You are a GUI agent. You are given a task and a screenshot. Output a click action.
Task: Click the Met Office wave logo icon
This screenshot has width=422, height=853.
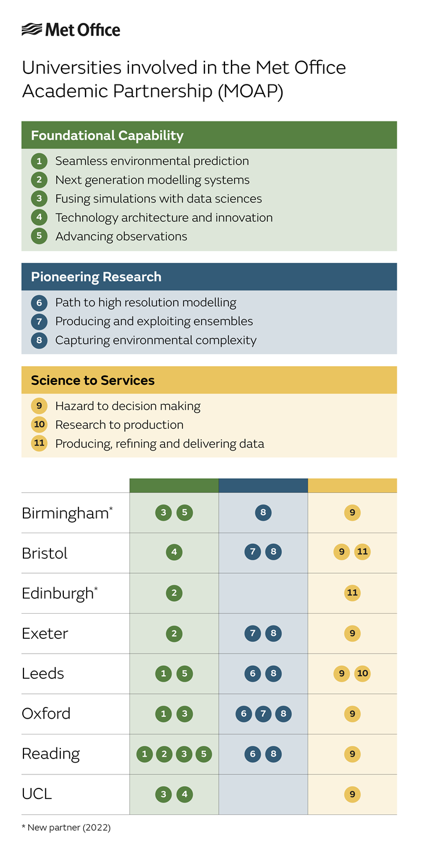tap(32, 29)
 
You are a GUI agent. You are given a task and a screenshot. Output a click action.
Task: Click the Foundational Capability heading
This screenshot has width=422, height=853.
tap(107, 136)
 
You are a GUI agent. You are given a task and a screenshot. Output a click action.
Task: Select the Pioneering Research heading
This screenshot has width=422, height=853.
tap(96, 277)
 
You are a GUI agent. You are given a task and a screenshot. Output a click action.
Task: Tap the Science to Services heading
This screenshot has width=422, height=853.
tap(93, 380)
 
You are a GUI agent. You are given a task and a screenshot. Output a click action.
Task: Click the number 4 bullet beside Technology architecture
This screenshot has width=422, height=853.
tap(39, 218)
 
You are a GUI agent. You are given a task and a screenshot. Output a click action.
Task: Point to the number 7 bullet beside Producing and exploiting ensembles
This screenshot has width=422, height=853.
tap(39, 321)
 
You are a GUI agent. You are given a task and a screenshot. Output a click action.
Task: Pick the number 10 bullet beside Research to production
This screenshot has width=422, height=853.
tap(39, 425)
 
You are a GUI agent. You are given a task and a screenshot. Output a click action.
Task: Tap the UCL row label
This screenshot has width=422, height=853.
tap(37, 794)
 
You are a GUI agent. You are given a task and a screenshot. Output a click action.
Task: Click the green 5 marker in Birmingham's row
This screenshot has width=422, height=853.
tap(185, 513)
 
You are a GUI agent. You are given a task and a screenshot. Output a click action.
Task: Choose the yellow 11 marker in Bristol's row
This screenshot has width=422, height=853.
tap(362, 552)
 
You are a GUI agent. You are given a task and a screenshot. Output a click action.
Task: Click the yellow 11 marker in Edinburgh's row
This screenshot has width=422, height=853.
tap(352, 593)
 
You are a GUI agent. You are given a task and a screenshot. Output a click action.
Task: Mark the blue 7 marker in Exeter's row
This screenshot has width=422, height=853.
tap(253, 633)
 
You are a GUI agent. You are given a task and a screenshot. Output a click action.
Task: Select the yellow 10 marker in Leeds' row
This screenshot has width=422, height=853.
tap(362, 673)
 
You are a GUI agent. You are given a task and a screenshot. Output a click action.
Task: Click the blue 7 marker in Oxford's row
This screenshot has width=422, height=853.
tap(263, 713)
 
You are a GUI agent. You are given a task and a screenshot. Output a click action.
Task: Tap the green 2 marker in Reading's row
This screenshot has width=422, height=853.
tap(164, 754)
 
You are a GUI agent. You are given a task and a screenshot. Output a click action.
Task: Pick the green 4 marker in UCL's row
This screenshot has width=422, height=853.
tap(185, 794)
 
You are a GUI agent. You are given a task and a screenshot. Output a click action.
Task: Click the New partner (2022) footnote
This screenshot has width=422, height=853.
tap(66, 828)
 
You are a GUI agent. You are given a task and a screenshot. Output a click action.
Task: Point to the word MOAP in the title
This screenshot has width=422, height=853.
tap(251, 91)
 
